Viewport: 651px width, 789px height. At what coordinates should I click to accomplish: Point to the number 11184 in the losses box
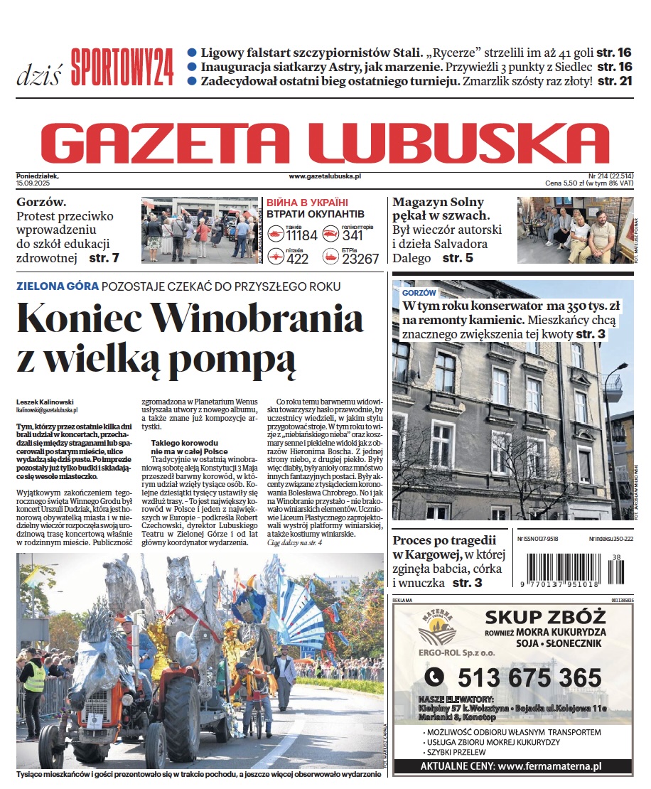(301, 235)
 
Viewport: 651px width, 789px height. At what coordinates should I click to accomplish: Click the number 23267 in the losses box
(360, 259)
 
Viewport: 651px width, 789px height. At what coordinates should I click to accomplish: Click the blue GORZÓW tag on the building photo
(419, 293)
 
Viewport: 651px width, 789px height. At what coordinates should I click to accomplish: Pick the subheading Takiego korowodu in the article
(178, 443)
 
